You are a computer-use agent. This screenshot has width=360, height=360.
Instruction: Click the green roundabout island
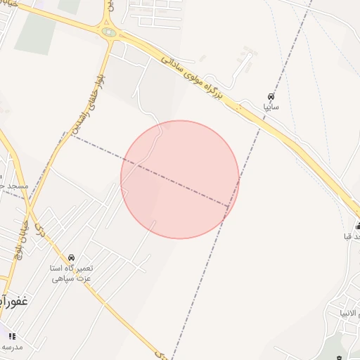[x=109, y=32]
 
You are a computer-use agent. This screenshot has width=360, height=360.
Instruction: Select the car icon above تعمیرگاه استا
[x=71, y=257]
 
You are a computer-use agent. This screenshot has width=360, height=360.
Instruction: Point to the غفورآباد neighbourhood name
[x=13, y=301]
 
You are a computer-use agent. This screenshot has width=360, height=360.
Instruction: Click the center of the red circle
[x=180, y=179]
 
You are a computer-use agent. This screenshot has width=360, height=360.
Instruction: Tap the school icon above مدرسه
[x=12, y=336]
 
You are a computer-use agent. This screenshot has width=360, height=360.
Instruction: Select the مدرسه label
[x=12, y=347]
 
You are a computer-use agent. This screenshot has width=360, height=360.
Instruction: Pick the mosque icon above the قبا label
[x=358, y=226]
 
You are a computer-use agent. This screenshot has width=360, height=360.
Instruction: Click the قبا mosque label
[x=352, y=236]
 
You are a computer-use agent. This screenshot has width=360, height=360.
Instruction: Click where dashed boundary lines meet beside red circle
[x=230, y=207]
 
